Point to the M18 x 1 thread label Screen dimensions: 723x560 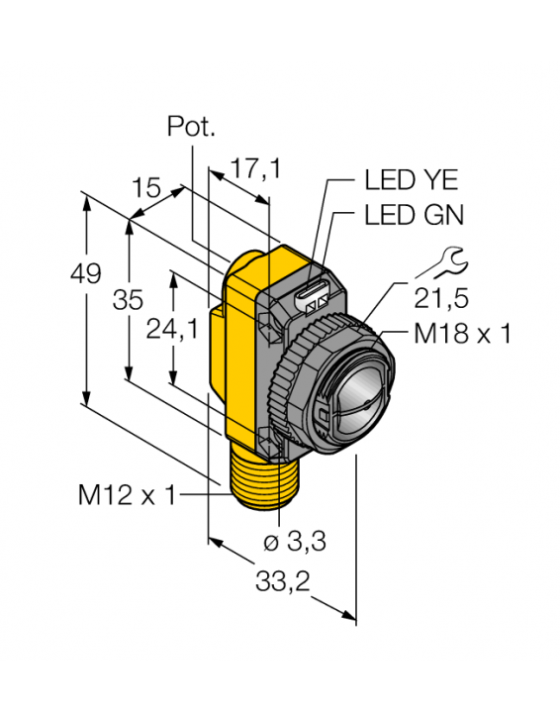[x=462, y=334]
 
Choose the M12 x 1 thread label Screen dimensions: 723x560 [x=127, y=495]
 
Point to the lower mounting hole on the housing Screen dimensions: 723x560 [x=265, y=438]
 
